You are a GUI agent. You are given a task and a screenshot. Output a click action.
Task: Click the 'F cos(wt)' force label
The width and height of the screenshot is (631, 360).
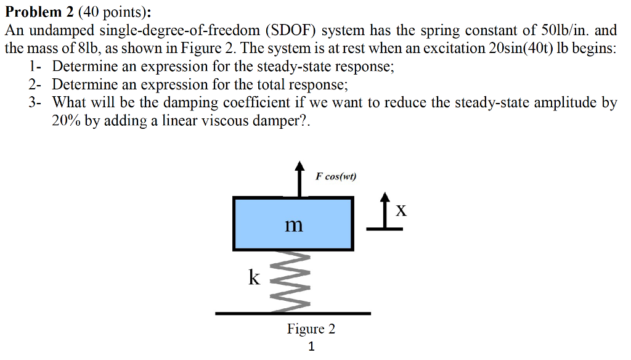336,176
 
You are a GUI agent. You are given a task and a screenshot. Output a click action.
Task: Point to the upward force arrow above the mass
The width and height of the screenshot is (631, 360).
299,179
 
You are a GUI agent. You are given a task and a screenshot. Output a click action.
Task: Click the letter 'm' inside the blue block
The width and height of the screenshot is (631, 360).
295,225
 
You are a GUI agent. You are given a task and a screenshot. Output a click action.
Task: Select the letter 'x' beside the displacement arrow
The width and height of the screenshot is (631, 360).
401,211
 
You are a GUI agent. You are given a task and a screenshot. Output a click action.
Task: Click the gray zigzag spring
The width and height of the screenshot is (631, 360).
294,281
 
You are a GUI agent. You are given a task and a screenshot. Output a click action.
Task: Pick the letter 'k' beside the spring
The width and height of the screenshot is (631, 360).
254,278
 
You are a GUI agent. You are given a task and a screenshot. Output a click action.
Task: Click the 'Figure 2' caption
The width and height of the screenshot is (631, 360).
311,329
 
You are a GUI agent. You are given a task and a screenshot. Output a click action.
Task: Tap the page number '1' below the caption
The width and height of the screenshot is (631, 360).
311,347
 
